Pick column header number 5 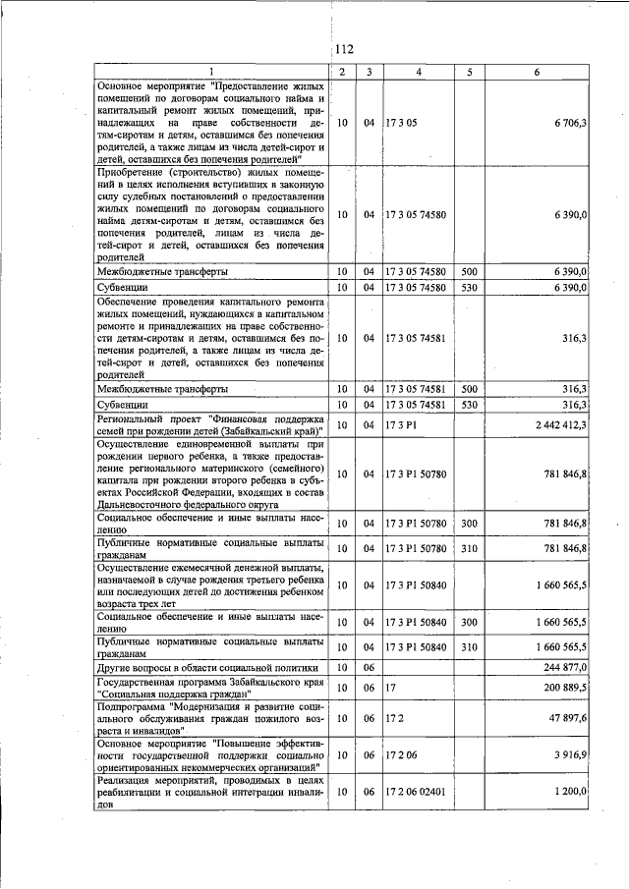(469, 72)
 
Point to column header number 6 (537, 72)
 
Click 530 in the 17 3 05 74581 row (469, 404)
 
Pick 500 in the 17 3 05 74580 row (469, 270)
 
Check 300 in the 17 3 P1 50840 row (469, 622)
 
